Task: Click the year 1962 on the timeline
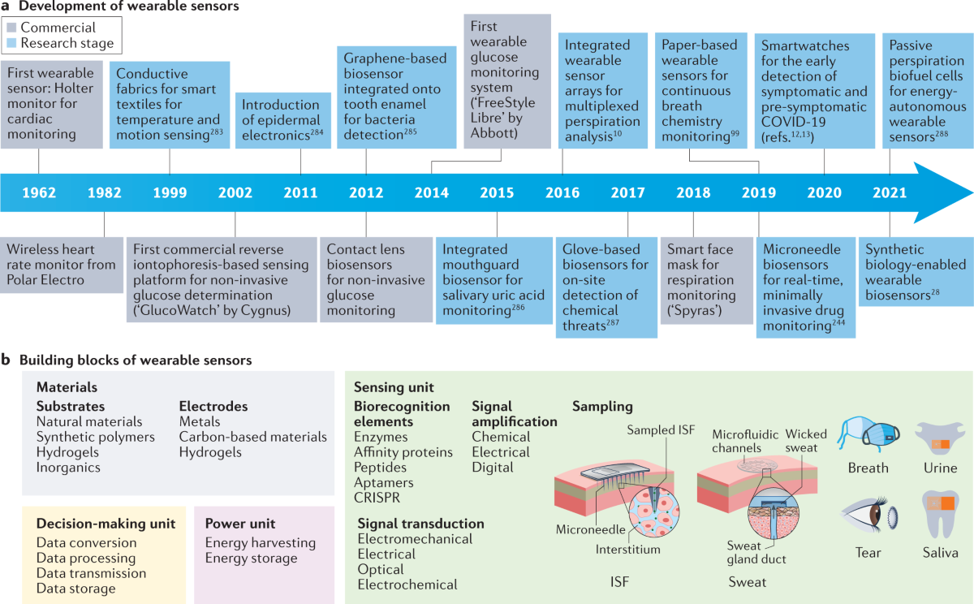coord(39,193)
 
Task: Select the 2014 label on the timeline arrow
coord(431,193)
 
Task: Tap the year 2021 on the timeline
coord(890,193)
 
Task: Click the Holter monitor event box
coord(50,103)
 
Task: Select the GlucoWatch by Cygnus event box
coord(221,280)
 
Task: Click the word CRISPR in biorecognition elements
coord(377,497)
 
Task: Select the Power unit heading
coord(241,524)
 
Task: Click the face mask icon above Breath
coord(867,436)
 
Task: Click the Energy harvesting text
coord(261,542)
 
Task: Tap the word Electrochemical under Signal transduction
coord(407,585)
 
